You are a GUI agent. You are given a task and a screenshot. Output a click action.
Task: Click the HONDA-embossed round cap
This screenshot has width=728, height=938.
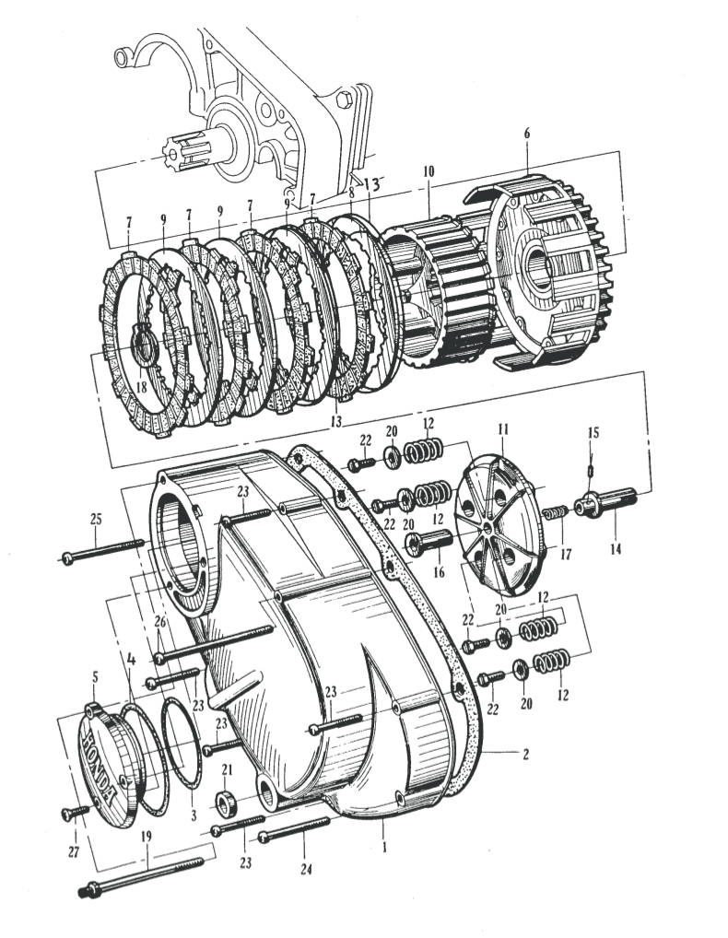(x=101, y=761)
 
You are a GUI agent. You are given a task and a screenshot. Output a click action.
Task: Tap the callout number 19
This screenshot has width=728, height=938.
(x=147, y=838)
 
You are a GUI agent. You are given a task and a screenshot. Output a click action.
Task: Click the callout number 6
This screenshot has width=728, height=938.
(x=526, y=133)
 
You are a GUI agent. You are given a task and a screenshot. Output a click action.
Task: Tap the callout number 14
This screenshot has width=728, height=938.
(x=615, y=549)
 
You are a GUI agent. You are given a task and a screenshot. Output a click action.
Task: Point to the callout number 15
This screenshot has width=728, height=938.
(x=593, y=432)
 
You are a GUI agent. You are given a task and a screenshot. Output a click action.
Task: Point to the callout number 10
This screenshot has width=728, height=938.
(x=429, y=172)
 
